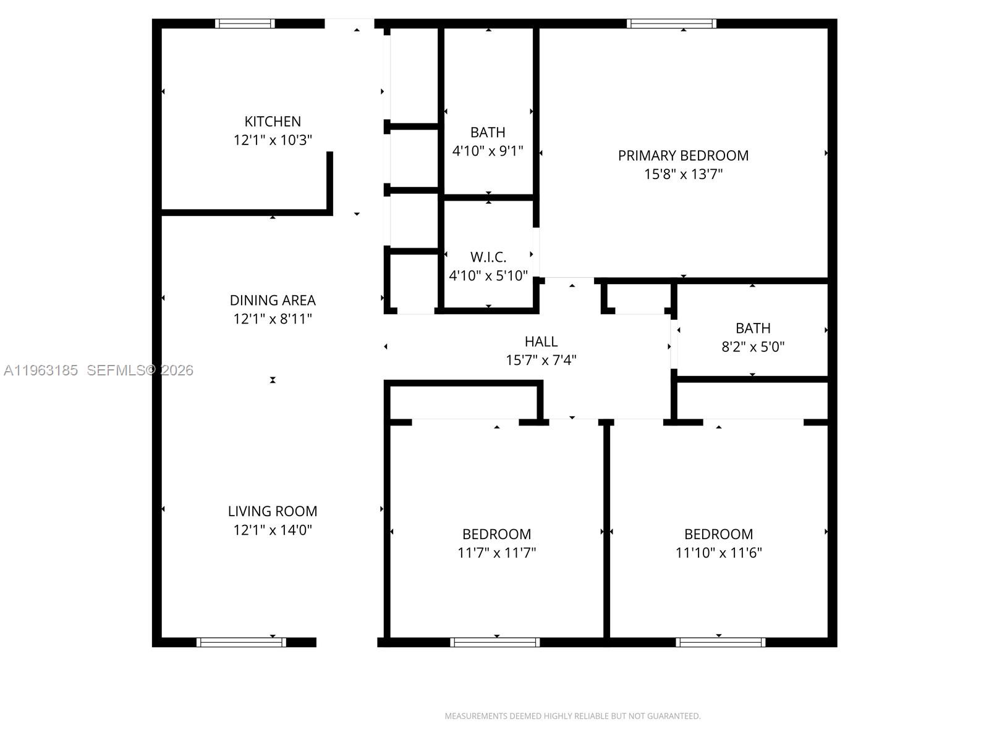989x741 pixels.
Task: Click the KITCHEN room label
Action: (273, 122)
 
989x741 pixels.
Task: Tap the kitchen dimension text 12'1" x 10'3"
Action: (273, 140)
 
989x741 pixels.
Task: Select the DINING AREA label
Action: (273, 300)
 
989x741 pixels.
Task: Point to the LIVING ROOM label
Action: (273, 511)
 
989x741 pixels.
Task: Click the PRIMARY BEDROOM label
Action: (683, 156)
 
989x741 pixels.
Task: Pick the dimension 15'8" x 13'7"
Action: (683, 174)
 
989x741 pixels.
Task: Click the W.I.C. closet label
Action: (488, 257)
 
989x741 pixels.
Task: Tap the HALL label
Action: (541, 341)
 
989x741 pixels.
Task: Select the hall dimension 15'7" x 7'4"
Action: (541, 360)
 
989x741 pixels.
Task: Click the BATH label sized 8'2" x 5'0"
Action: (753, 328)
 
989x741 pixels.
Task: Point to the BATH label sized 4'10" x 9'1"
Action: (488, 132)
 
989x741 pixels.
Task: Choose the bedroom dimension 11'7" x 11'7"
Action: (496, 553)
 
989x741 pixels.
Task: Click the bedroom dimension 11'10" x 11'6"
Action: (718, 553)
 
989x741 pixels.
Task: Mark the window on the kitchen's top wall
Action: (245, 23)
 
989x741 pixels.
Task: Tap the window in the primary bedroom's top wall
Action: (671, 23)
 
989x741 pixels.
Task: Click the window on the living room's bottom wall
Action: (241, 642)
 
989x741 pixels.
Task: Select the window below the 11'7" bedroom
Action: (494, 642)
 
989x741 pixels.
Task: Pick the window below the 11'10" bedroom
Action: (720, 642)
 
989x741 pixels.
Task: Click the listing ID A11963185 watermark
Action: (41, 371)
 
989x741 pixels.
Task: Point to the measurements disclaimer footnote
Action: (572, 716)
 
